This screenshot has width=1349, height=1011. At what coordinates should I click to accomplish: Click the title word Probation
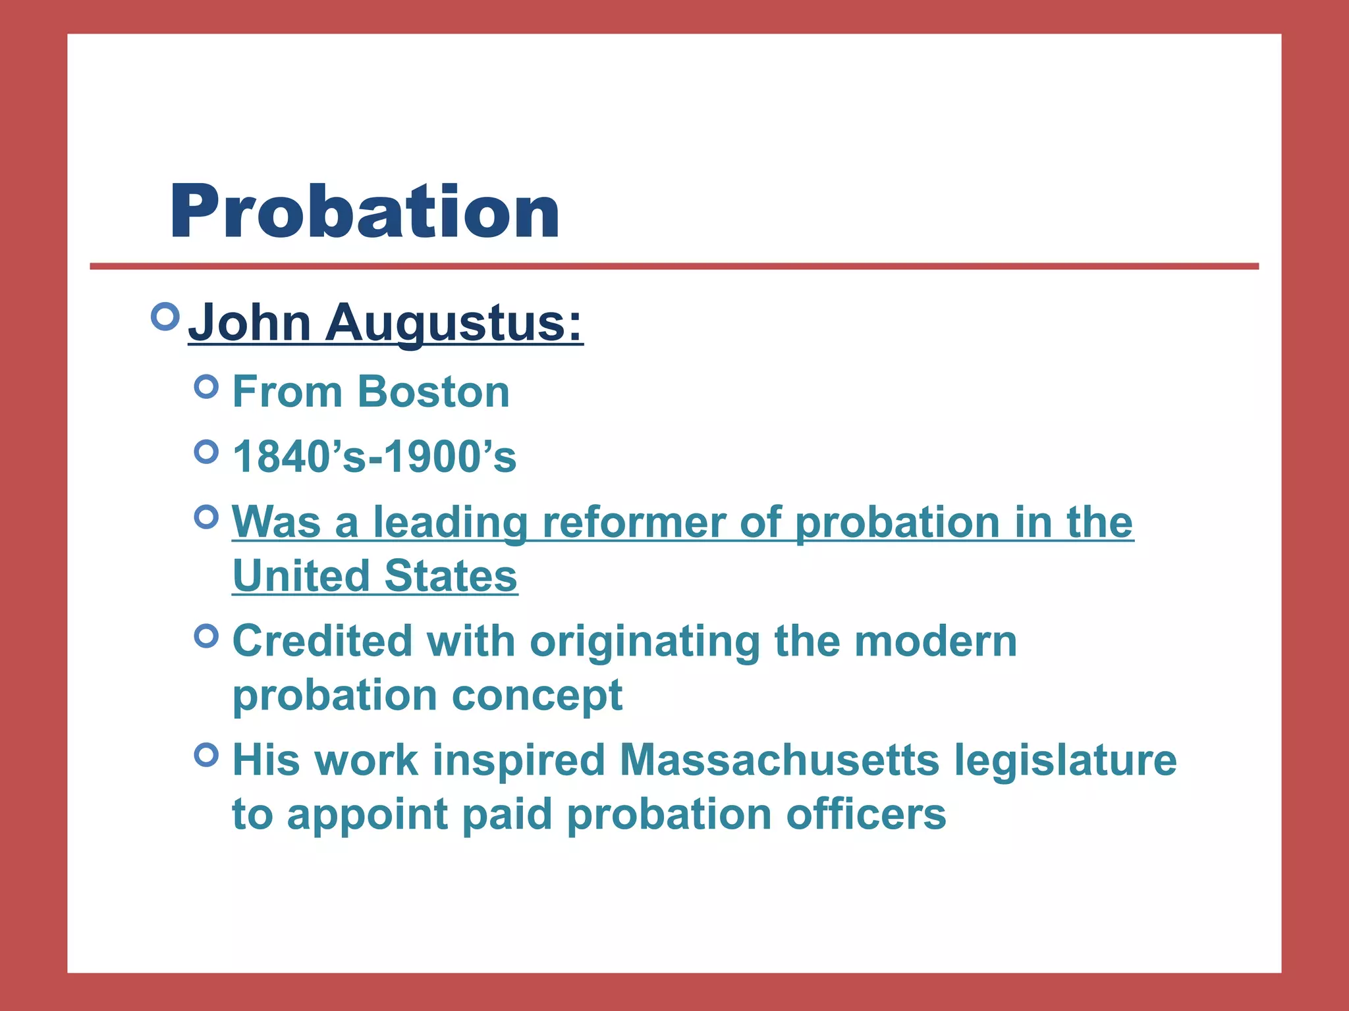click(364, 211)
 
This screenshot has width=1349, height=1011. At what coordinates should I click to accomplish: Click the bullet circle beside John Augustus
click(165, 317)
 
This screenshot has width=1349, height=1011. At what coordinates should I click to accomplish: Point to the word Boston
click(434, 392)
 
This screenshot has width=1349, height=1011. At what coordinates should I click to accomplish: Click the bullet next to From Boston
click(207, 386)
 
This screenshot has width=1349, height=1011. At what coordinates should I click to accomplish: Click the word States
click(451, 576)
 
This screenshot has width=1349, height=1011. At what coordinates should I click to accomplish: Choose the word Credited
click(322, 641)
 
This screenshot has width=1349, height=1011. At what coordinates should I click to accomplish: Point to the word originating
click(645, 641)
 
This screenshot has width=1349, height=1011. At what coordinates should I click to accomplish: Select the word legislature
click(1065, 760)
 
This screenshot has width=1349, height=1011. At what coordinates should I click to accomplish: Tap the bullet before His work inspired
click(207, 754)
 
